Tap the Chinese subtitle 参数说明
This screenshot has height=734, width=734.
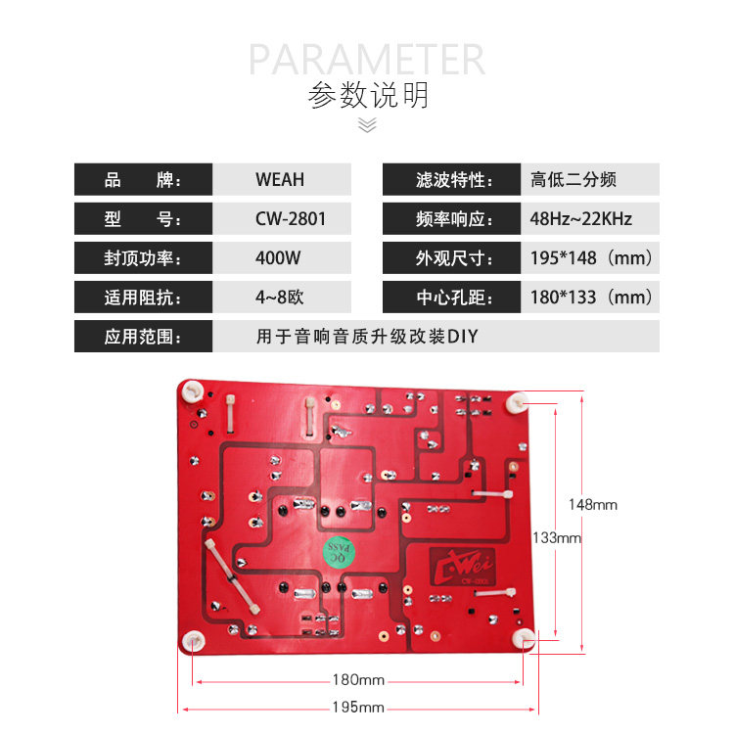(368, 96)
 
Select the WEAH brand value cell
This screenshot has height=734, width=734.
(280, 180)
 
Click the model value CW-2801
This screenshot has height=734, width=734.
(291, 219)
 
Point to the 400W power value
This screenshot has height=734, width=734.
(278, 258)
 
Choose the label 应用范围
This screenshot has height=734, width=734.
(143, 337)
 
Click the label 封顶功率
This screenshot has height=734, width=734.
(143, 258)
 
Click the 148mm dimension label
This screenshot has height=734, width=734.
(594, 505)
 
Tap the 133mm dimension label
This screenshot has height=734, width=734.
(557, 537)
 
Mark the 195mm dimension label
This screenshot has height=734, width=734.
(358, 707)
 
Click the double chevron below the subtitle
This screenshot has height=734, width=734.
(367, 124)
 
